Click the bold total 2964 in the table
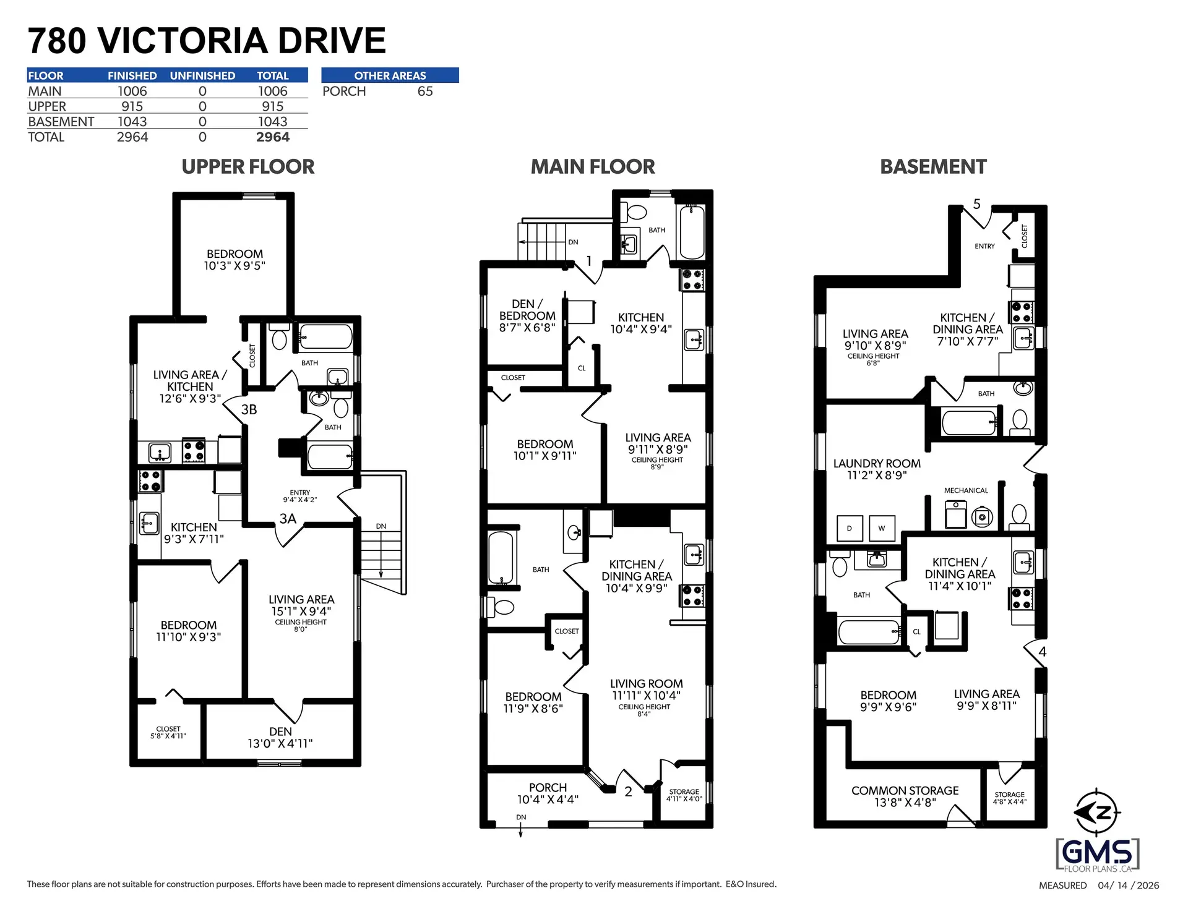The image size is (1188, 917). [272, 137]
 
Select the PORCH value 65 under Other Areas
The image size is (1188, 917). [424, 91]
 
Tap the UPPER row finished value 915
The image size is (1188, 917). [132, 106]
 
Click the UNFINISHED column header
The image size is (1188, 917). [202, 75]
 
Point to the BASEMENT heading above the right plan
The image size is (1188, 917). [932, 166]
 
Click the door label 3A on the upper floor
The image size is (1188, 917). [288, 518]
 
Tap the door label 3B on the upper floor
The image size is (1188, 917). [249, 409]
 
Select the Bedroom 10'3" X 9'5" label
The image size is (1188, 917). [235, 260]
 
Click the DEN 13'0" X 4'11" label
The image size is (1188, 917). [280, 737]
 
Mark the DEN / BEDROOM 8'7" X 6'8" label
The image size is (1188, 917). [527, 315]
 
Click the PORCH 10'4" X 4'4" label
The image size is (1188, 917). [548, 793]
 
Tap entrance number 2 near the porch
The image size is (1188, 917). [628, 791]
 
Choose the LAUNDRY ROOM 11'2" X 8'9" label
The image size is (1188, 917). [877, 469]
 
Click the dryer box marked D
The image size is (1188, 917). [849, 528]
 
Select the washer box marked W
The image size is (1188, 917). [881, 528]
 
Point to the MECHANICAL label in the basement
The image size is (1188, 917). [965, 490]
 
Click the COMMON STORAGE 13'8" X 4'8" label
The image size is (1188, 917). [905, 796]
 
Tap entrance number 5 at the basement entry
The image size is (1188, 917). [976, 203]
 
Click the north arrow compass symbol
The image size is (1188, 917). [1098, 813]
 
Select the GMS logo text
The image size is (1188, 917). [1097, 854]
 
